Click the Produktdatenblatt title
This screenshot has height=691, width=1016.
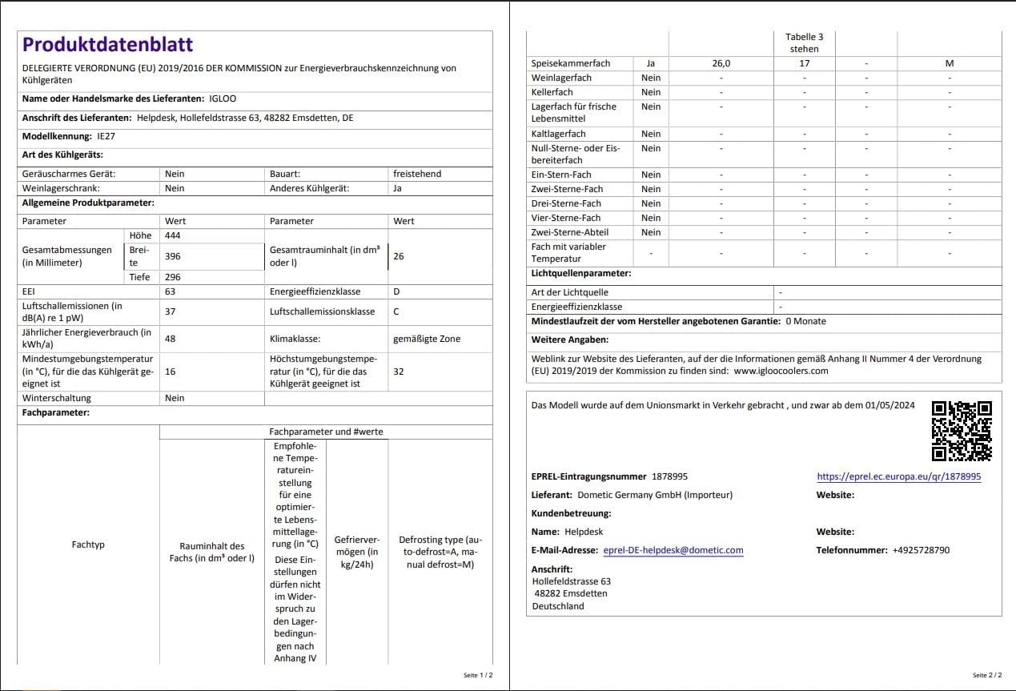(107, 45)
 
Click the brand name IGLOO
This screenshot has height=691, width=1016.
(223, 98)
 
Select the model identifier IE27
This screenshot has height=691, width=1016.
(106, 136)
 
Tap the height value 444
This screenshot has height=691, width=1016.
(174, 235)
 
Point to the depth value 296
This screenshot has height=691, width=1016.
(174, 277)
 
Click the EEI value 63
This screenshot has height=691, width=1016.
(171, 291)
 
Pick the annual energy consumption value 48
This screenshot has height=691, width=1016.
(171, 339)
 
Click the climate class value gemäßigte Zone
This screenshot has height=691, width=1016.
(427, 339)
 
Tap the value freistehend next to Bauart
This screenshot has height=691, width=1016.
(417, 174)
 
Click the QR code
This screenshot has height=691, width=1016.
(962, 431)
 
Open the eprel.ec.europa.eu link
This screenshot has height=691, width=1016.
(898, 476)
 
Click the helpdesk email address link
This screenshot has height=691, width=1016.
(673, 550)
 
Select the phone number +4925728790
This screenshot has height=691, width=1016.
(921, 550)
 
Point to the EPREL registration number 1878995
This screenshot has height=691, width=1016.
(669, 476)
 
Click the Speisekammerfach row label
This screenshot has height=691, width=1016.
(571, 63)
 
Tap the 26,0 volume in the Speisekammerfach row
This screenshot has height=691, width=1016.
(721, 63)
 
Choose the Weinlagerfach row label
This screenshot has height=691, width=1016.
(561, 78)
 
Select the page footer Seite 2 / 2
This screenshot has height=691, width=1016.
(986, 675)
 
